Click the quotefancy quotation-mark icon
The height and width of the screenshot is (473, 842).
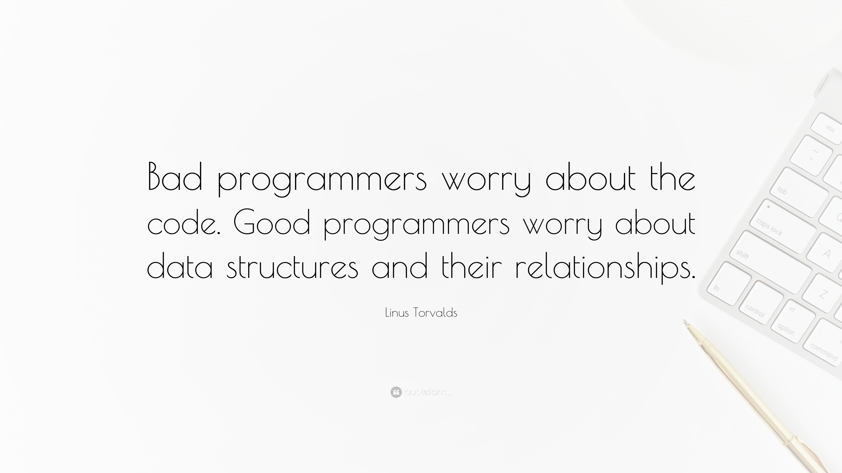pyautogui.click(x=396, y=392)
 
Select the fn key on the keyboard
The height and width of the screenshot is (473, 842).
pyautogui.click(x=728, y=284)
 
